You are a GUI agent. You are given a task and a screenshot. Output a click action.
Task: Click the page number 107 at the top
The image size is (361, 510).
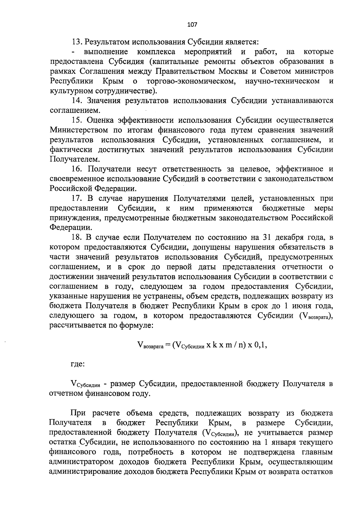[x=192, y=25]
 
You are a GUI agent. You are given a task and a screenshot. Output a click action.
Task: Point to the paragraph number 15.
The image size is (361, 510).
[x=76, y=121]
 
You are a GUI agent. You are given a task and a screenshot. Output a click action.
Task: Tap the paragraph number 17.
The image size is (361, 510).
[x=76, y=199]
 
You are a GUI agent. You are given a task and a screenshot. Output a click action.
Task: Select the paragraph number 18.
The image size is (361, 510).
[x=76, y=238]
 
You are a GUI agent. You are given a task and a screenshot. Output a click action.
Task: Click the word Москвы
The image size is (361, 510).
[x=233, y=72]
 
